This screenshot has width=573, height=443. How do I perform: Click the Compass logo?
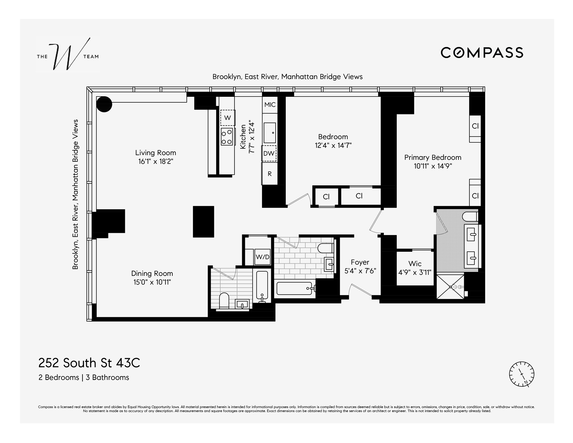482,52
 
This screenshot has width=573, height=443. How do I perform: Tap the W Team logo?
68,54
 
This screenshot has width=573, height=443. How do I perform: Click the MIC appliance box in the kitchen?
270,104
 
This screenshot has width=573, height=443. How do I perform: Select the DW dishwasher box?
269,153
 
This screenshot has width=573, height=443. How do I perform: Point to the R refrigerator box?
270,174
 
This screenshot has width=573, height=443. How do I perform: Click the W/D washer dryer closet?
262,257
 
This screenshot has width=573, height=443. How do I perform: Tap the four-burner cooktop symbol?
227,136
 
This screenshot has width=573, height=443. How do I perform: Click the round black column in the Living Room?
104,104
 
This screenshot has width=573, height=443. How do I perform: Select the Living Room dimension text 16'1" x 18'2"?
156,162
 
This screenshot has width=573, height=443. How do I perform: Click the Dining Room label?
152,273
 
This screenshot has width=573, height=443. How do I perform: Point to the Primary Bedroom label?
432,157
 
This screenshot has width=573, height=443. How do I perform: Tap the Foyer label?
360,262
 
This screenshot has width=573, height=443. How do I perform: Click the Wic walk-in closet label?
415,263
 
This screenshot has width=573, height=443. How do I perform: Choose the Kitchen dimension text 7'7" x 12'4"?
251,137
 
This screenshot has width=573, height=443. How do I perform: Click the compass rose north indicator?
521,374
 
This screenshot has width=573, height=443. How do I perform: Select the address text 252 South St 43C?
89,362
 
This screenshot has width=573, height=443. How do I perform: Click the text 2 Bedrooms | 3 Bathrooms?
84,378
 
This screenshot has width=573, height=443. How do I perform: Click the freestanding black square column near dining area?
203,222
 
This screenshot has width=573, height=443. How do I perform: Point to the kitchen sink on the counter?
270,133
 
